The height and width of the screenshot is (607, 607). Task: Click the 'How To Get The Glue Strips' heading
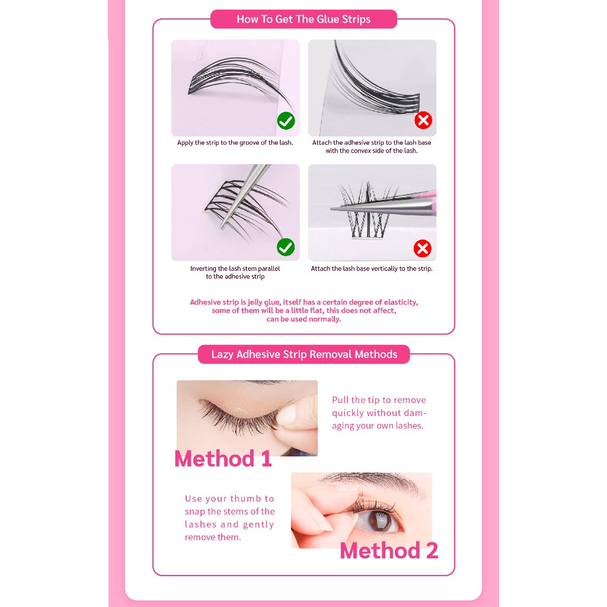pyautogui.click(x=303, y=20)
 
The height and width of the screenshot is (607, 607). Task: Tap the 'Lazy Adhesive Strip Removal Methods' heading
pyautogui.click(x=304, y=354)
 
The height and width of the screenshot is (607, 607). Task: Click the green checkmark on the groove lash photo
pyautogui.click(x=286, y=121)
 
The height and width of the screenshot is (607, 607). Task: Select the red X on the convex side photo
pyautogui.click(x=423, y=120)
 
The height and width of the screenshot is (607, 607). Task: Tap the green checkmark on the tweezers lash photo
pyautogui.click(x=286, y=247)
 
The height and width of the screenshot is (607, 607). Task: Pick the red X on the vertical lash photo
pyautogui.click(x=422, y=248)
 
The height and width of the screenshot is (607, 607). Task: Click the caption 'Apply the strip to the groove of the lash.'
pyautogui.click(x=235, y=142)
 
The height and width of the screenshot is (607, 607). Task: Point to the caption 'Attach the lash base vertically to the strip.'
pyautogui.click(x=372, y=269)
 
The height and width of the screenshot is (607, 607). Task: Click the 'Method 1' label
pyautogui.click(x=223, y=459)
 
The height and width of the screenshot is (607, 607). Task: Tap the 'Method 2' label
pyautogui.click(x=389, y=551)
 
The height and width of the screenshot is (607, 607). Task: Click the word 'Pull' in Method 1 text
pyautogui.click(x=340, y=400)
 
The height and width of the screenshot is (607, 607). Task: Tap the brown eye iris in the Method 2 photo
pyautogui.click(x=379, y=521)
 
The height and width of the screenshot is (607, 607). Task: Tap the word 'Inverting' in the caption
pyautogui.click(x=203, y=269)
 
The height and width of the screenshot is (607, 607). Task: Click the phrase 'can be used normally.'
pyautogui.click(x=304, y=319)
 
